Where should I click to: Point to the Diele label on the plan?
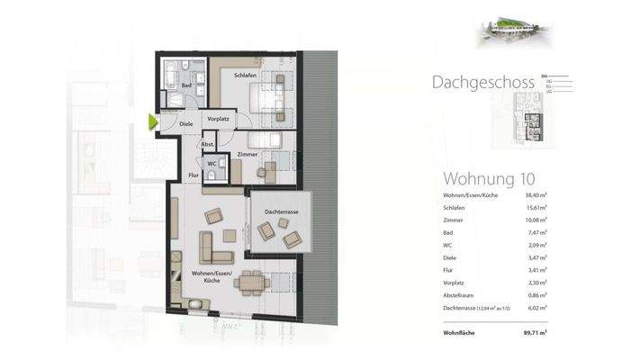tap(185, 123)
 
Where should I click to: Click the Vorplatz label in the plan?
tap(218, 119)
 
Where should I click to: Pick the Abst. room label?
tap(206, 144)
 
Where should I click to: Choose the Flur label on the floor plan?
tap(193, 175)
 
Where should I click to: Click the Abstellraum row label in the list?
tap(462, 295)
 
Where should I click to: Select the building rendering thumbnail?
tap(513, 31)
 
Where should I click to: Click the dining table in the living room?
tap(253, 283)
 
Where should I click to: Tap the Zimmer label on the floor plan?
tap(248, 155)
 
